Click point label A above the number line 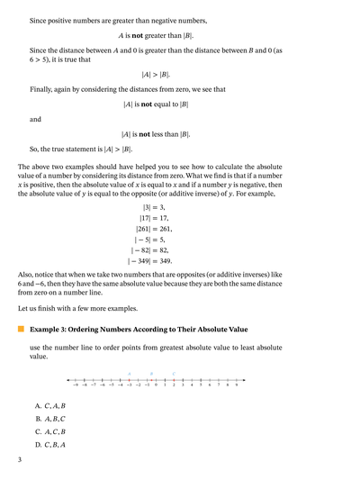point(130,372)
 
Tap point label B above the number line point(151,372)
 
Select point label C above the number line point(174,372)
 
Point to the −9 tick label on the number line point(76,385)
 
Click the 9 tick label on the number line point(237,385)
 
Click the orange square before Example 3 point(21,330)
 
